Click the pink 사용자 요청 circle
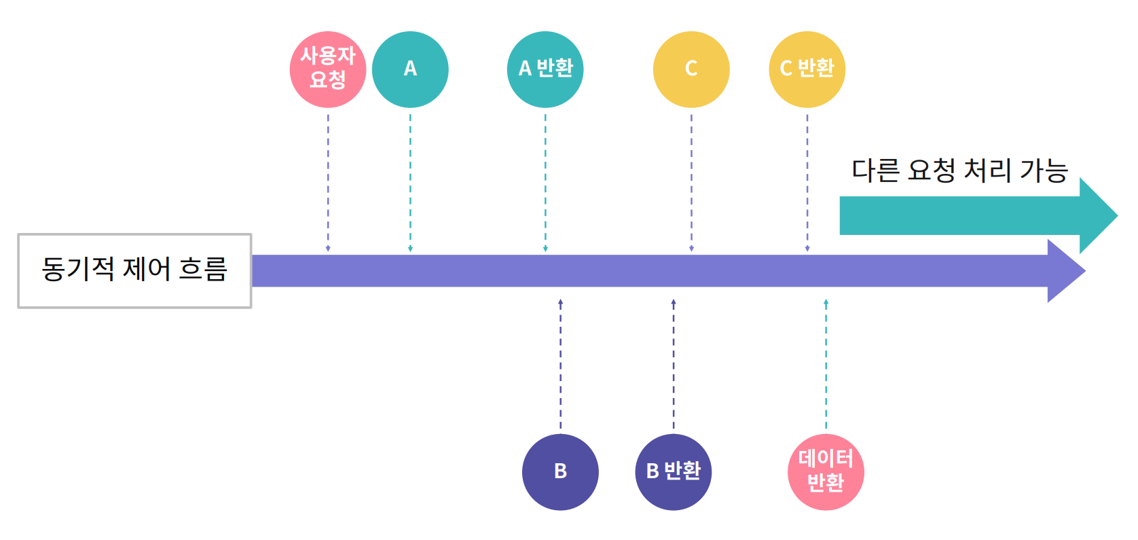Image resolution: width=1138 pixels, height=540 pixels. tap(328, 69)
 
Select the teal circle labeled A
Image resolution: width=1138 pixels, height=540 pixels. tap(410, 69)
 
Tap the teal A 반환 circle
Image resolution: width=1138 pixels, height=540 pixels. tap(545, 69)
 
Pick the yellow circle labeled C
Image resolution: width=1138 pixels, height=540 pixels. tap(691, 69)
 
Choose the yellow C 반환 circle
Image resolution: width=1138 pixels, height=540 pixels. tap(807, 69)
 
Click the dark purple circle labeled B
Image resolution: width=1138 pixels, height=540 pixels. tap(560, 472)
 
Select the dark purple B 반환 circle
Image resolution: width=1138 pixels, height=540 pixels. tap(673, 472)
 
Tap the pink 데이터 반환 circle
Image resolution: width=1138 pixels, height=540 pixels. tap(826, 472)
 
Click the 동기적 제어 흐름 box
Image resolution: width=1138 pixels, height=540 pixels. tap(134, 270)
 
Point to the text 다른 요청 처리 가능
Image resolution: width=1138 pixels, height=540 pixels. tap(959, 170)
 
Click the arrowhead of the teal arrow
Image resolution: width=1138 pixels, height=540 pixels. tap(1097, 216)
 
